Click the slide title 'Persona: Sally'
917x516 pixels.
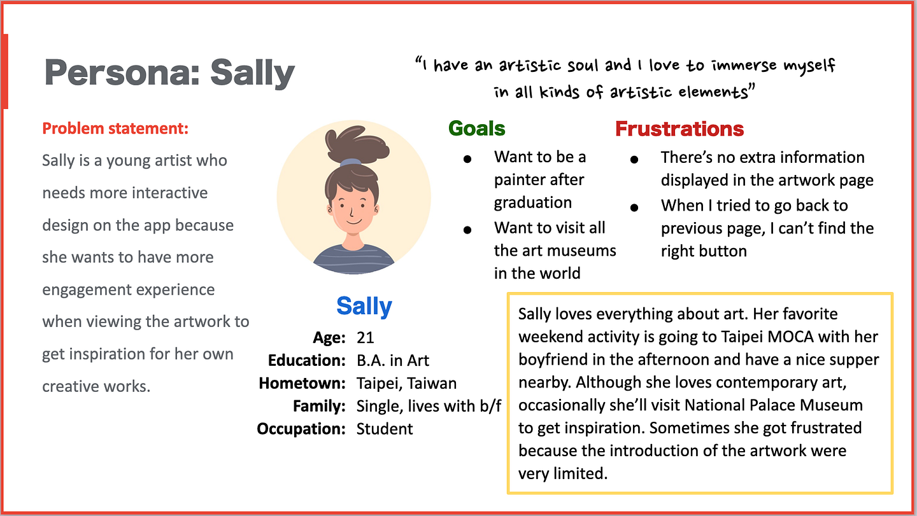(169, 73)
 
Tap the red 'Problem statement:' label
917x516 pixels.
(115, 129)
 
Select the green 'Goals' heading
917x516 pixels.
(477, 129)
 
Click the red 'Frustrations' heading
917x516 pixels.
(679, 129)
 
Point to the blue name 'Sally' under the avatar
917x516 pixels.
(364, 306)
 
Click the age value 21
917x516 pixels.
(365, 338)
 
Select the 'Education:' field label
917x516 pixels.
(307, 361)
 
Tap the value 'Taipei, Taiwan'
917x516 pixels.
(406, 384)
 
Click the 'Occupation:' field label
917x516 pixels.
(301, 429)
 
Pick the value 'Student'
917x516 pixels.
(385, 429)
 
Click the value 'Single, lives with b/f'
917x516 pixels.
(429, 406)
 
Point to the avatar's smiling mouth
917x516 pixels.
(353, 222)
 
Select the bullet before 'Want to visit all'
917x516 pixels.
(467, 230)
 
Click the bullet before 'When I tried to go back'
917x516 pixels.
(634, 207)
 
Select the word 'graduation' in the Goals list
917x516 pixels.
(532, 203)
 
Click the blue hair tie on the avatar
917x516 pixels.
(351, 162)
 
